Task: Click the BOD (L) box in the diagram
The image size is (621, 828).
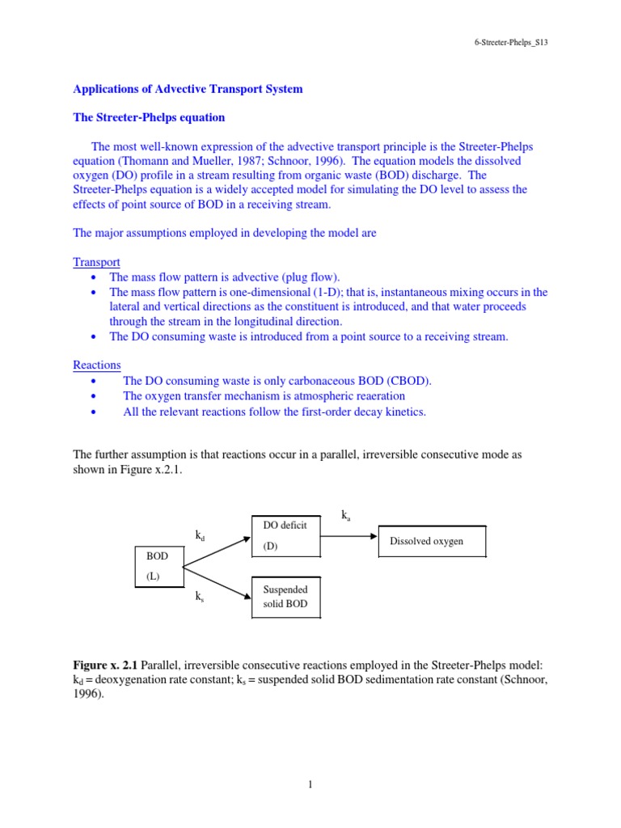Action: [x=159, y=566]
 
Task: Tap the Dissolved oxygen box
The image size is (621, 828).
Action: [x=432, y=541]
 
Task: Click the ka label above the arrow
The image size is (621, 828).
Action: [x=347, y=514]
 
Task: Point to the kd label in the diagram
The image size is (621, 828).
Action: [x=200, y=535]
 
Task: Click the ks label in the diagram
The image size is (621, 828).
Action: [x=199, y=597]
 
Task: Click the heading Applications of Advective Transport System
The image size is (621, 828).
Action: [x=188, y=89]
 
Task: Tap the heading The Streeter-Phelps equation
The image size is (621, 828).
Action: [x=149, y=117]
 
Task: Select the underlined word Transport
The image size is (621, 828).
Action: [x=97, y=262]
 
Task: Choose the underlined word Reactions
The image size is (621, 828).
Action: [x=97, y=365]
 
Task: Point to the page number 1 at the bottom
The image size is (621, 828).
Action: [x=310, y=783]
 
